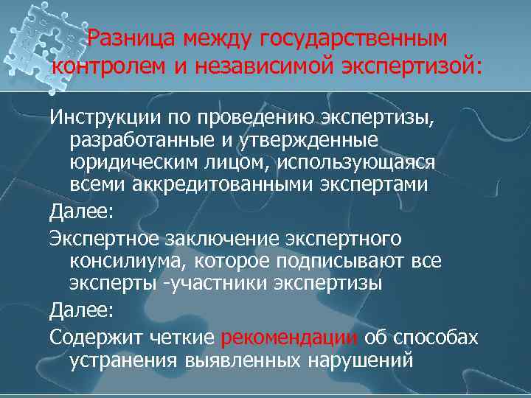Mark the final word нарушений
358,362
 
